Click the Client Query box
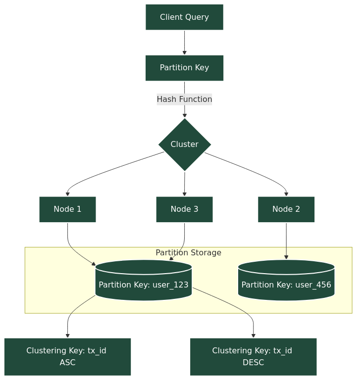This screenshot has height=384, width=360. click(x=184, y=17)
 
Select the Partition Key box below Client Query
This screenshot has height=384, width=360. click(x=184, y=68)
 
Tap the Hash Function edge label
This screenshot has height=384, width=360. click(x=184, y=99)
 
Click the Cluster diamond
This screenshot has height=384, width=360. click(x=185, y=144)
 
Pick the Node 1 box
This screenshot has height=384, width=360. click(x=67, y=209)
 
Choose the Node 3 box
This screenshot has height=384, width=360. click(x=184, y=209)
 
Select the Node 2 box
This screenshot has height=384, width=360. click(x=286, y=209)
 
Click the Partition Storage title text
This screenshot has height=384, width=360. click(x=188, y=253)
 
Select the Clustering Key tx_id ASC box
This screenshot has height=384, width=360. click(x=67, y=357)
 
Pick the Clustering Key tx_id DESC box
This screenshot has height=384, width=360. click(x=253, y=357)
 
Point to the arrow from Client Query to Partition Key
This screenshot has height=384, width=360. click(x=185, y=43)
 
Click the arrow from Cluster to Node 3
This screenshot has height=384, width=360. click(x=185, y=184)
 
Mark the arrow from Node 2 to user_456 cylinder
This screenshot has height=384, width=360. click(x=286, y=241)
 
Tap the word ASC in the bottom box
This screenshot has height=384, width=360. click(x=67, y=363)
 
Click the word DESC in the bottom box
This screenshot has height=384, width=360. click(x=253, y=363)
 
